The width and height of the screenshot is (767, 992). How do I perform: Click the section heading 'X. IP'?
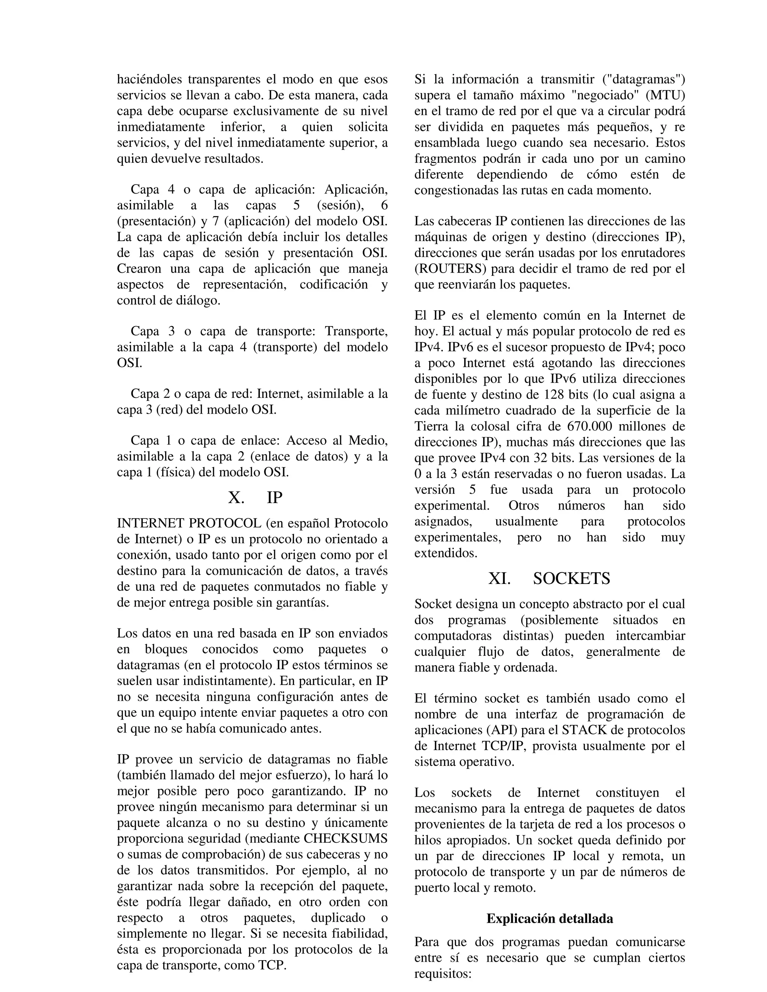tap(255, 498)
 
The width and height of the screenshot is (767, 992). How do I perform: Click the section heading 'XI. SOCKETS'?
tap(549, 578)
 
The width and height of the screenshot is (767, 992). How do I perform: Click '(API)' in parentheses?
tap(504, 730)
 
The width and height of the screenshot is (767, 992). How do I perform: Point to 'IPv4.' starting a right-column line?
tap(428, 347)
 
